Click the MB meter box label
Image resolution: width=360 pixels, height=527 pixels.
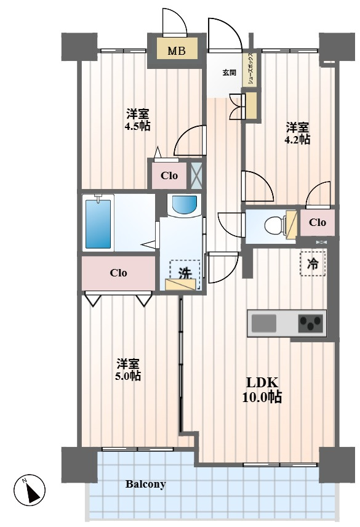177,51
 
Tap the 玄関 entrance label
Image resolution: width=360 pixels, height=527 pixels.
229,72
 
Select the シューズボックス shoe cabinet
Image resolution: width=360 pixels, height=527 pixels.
250,70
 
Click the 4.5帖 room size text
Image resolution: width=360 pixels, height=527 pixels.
137,126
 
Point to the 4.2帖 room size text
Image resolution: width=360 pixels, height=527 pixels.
297,139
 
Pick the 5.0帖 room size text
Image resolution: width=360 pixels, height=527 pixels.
128,376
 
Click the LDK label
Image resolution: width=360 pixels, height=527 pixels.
262,382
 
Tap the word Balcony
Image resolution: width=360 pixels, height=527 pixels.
146,485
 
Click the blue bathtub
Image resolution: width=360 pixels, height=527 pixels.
98,223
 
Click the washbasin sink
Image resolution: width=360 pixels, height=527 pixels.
184,204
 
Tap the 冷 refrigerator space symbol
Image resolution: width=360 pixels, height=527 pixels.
313,263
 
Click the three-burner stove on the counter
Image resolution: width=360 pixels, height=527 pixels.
311,323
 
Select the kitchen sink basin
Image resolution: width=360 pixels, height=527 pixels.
264,323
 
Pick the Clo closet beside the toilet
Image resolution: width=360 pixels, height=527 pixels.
318,222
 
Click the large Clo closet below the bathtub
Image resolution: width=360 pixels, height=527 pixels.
119,273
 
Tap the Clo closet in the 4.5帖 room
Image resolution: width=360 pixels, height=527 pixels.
169,175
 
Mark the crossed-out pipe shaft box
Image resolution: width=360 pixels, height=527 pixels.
196,175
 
